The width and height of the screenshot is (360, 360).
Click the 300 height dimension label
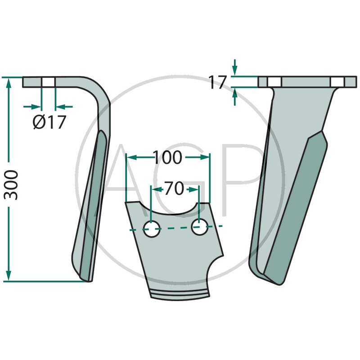(11, 185)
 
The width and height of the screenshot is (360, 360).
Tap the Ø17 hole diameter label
(49, 121)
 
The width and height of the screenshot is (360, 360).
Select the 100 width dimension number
(167, 157)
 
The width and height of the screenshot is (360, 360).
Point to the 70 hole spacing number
(174, 188)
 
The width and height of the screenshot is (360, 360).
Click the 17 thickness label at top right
(218, 82)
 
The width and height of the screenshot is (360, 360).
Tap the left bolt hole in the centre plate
(152, 229)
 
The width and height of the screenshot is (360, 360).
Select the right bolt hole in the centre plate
(200, 227)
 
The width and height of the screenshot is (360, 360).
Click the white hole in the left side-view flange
(48, 82)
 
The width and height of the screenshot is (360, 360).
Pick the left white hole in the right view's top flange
(274, 82)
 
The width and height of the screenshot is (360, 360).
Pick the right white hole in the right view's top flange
(338, 82)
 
